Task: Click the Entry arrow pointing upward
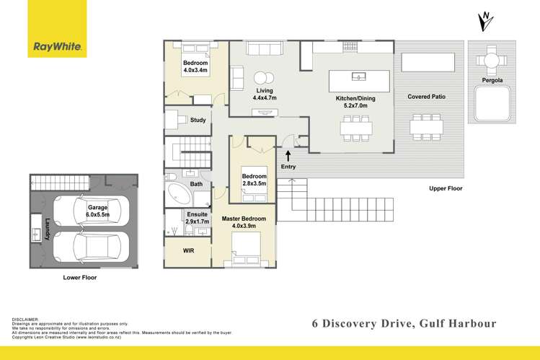coord(288,155)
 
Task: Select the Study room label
coord(198,120)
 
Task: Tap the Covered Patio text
coord(424,97)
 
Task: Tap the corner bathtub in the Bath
coord(177,193)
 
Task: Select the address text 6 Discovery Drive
coord(366,323)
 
